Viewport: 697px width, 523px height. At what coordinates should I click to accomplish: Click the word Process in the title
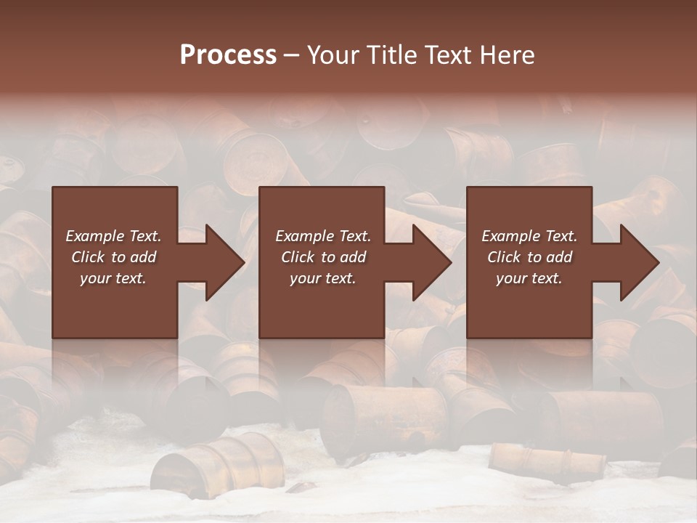point(228,55)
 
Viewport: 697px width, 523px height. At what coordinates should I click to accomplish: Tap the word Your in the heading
point(334,55)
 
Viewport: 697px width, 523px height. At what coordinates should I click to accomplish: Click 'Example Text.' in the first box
point(113,236)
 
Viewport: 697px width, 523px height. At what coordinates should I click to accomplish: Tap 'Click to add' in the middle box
point(323,257)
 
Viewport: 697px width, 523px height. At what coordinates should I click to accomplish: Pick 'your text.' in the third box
point(529,278)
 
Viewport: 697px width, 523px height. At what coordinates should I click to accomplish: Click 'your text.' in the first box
point(113,278)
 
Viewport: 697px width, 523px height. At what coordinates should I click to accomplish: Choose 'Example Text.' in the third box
point(529,236)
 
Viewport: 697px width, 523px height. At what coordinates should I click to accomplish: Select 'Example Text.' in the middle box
point(323,236)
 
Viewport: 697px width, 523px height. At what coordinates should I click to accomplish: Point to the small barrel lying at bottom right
point(547,458)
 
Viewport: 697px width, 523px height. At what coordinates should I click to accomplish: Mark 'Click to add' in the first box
point(113,257)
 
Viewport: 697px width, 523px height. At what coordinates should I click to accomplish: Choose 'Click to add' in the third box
point(529,257)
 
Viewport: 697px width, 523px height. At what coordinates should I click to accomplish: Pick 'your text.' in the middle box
point(323,278)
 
